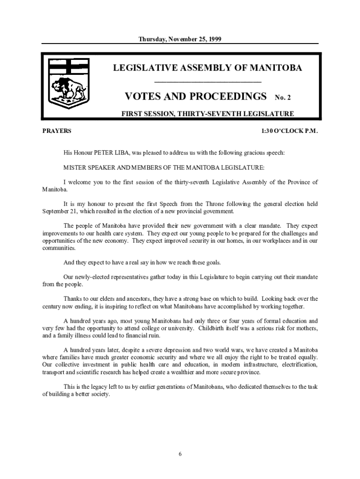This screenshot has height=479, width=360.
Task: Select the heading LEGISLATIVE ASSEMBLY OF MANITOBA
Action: coord(208,68)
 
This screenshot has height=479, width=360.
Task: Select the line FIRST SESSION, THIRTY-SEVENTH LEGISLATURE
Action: coord(208,114)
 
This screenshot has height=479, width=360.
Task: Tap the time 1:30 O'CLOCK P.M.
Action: coord(289,131)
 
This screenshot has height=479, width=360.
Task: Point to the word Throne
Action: coord(203,203)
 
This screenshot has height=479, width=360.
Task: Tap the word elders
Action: coord(115,298)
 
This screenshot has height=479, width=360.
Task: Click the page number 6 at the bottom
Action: coord(180,454)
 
